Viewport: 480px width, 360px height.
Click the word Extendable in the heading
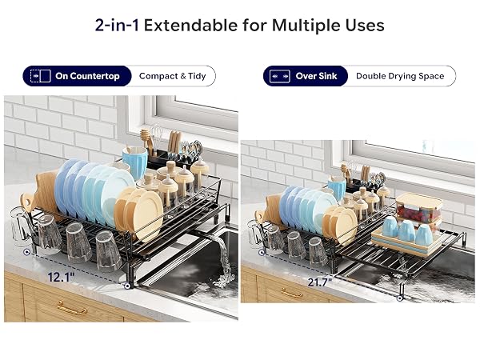tap(190, 25)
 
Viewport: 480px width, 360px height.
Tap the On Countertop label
tap(87, 76)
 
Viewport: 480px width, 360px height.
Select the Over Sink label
tap(316, 76)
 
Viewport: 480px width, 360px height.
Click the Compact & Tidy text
tap(172, 76)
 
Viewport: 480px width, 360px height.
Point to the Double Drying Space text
tap(400, 76)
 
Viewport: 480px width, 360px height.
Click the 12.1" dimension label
tap(61, 278)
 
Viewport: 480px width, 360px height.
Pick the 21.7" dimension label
tap(320, 282)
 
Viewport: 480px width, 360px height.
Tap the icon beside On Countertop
tap(41, 76)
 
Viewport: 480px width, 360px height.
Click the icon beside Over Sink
tap(280, 76)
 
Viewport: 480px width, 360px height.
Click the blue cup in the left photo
tap(135, 162)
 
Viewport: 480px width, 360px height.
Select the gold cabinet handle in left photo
tap(72, 308)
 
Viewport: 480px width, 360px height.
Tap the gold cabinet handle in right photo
tap(292, 294)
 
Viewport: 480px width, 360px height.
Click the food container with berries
tap(418, 208)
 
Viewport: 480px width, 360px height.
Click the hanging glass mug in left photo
tap(21, 226)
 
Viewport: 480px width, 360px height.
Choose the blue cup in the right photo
tap(337, 186)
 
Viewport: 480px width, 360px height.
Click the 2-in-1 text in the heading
tap(117, 25)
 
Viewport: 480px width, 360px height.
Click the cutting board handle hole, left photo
tap(27, 202)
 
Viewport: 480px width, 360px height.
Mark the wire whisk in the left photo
tap(157, 135)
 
